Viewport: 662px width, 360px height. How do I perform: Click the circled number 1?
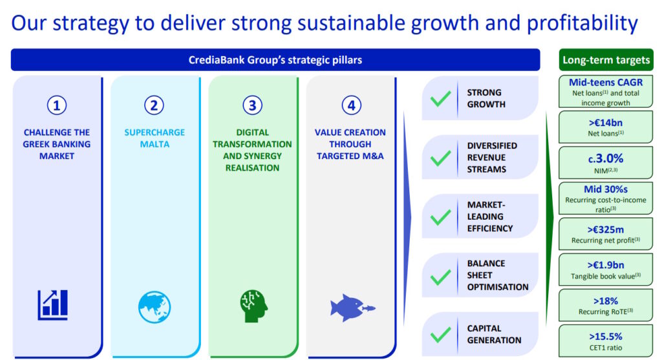[57, 105]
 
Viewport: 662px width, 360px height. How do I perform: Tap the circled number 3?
[252, 105]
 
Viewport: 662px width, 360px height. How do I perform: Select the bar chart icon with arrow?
[52, 304]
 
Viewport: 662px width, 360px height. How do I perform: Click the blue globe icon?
[155, 307]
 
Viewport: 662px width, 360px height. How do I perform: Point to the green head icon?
[253, 306]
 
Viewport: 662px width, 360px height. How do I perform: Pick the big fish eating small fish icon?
[352, 308]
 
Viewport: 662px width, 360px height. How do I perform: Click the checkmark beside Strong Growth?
[440, 99]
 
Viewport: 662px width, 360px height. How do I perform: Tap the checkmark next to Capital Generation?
[440, 335]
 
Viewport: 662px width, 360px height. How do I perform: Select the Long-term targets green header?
[606, 60]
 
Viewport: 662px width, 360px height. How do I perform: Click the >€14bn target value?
[605, 123]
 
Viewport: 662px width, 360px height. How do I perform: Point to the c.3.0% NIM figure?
[605, 159]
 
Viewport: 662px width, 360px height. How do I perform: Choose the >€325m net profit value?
[605, 229]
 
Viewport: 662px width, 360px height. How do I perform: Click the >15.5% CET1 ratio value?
[605, 336]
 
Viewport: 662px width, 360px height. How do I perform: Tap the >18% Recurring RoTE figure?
[605, 301]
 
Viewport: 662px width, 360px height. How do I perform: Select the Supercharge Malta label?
[155, 138]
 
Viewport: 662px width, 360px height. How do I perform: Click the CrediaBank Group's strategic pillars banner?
[275, 60]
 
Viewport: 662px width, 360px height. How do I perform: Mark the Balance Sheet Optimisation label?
[497, 275]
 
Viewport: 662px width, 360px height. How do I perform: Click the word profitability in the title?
[582, 24]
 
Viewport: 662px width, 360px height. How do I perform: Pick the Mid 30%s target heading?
[605, 189]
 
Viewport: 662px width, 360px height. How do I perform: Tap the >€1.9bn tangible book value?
[605, 265]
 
